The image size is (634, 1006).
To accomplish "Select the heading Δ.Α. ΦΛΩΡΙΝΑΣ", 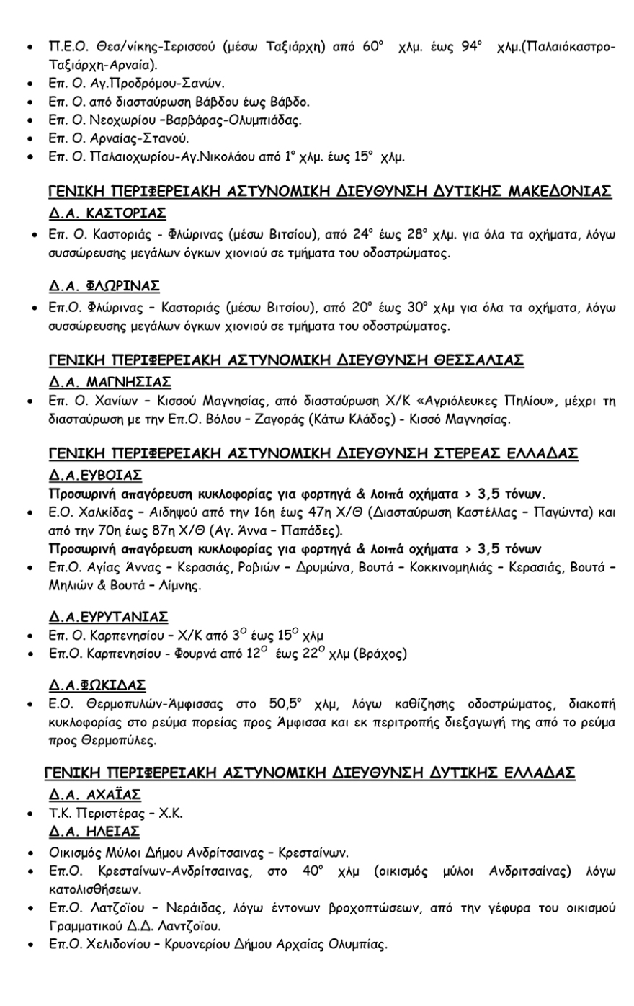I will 104,285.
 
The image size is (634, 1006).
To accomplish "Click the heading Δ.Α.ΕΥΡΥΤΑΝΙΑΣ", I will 108,616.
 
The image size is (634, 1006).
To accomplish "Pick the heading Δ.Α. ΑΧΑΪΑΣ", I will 94,795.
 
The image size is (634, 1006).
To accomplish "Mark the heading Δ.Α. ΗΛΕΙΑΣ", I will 94,832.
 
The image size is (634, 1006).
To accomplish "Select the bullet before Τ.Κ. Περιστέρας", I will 28,814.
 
